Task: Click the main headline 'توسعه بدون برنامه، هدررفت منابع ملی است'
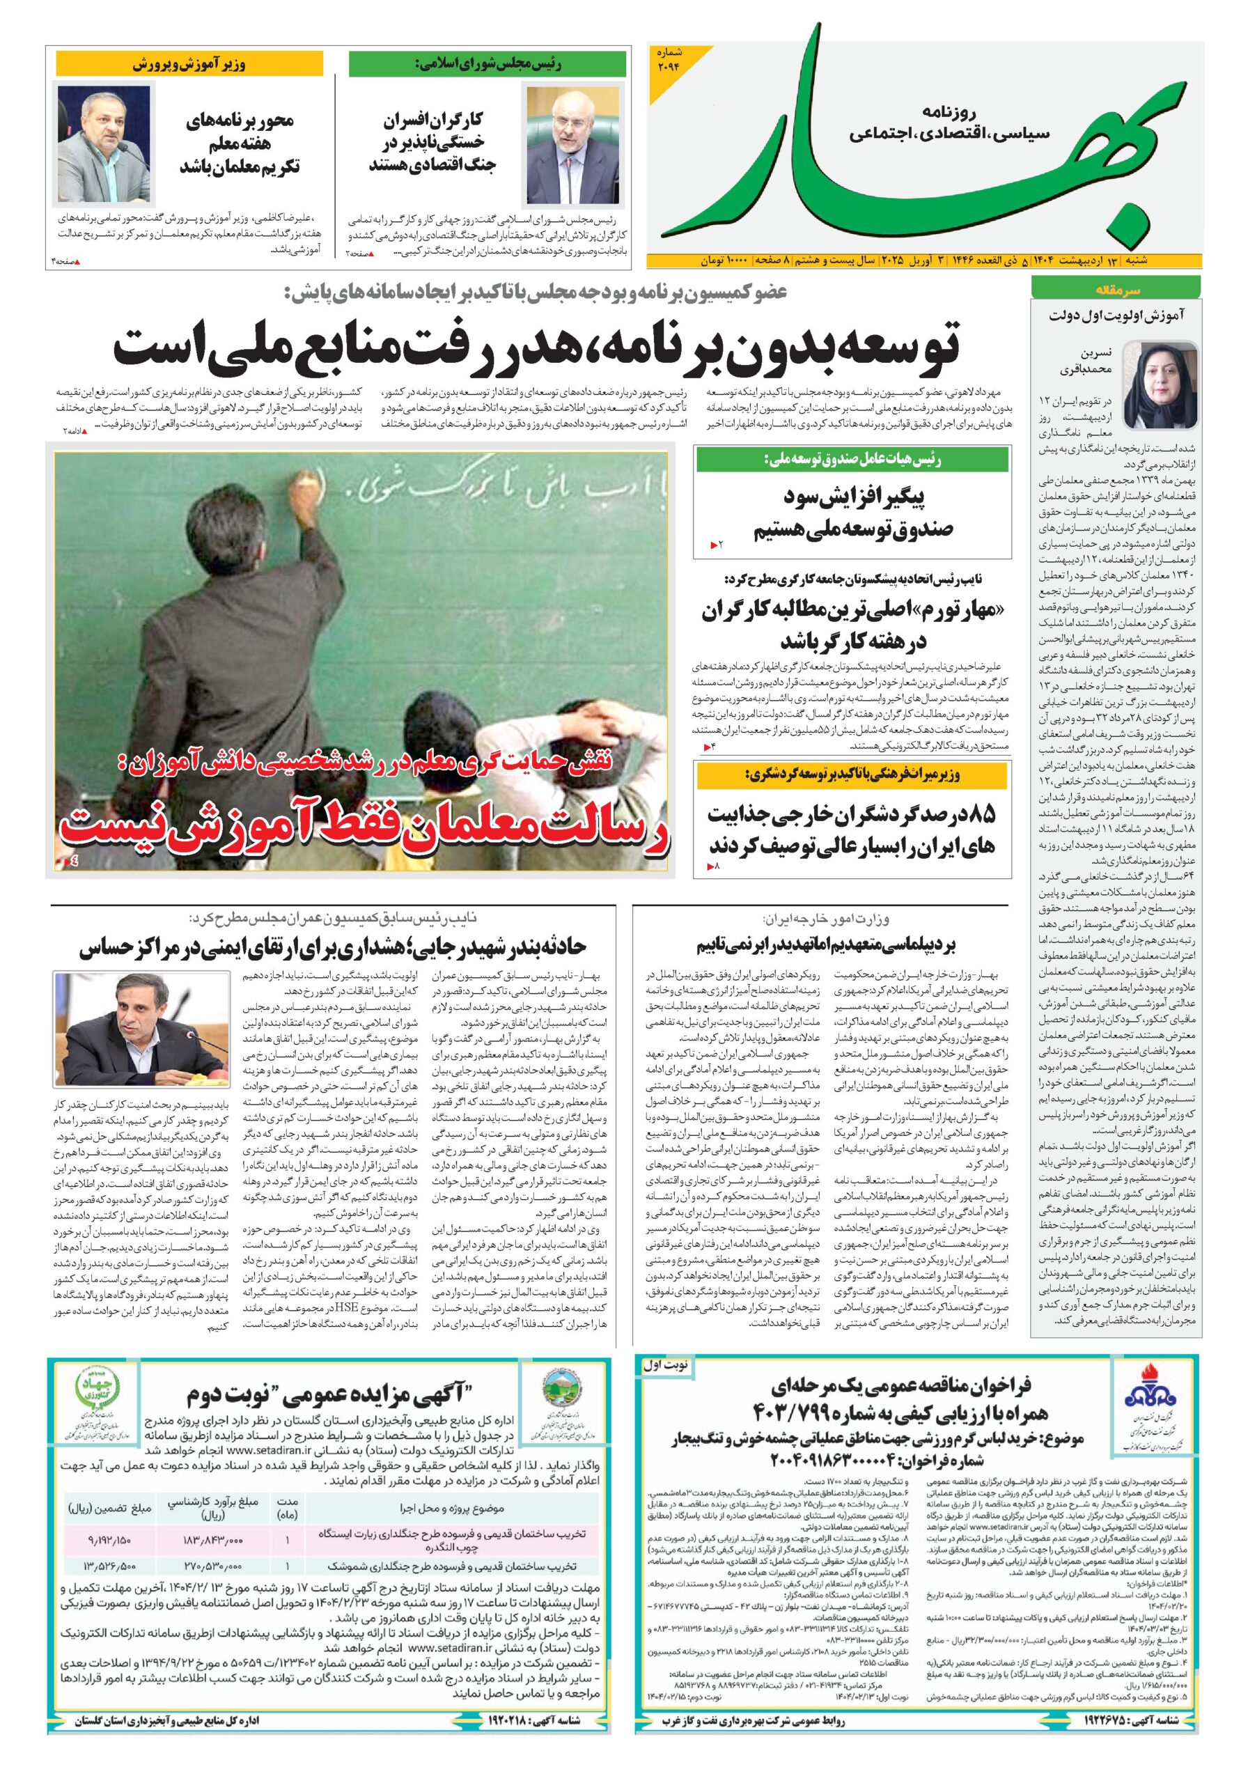pos(536,347)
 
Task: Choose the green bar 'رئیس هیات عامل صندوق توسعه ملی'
pos(852,460)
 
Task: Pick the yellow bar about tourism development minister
pos(852,774)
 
